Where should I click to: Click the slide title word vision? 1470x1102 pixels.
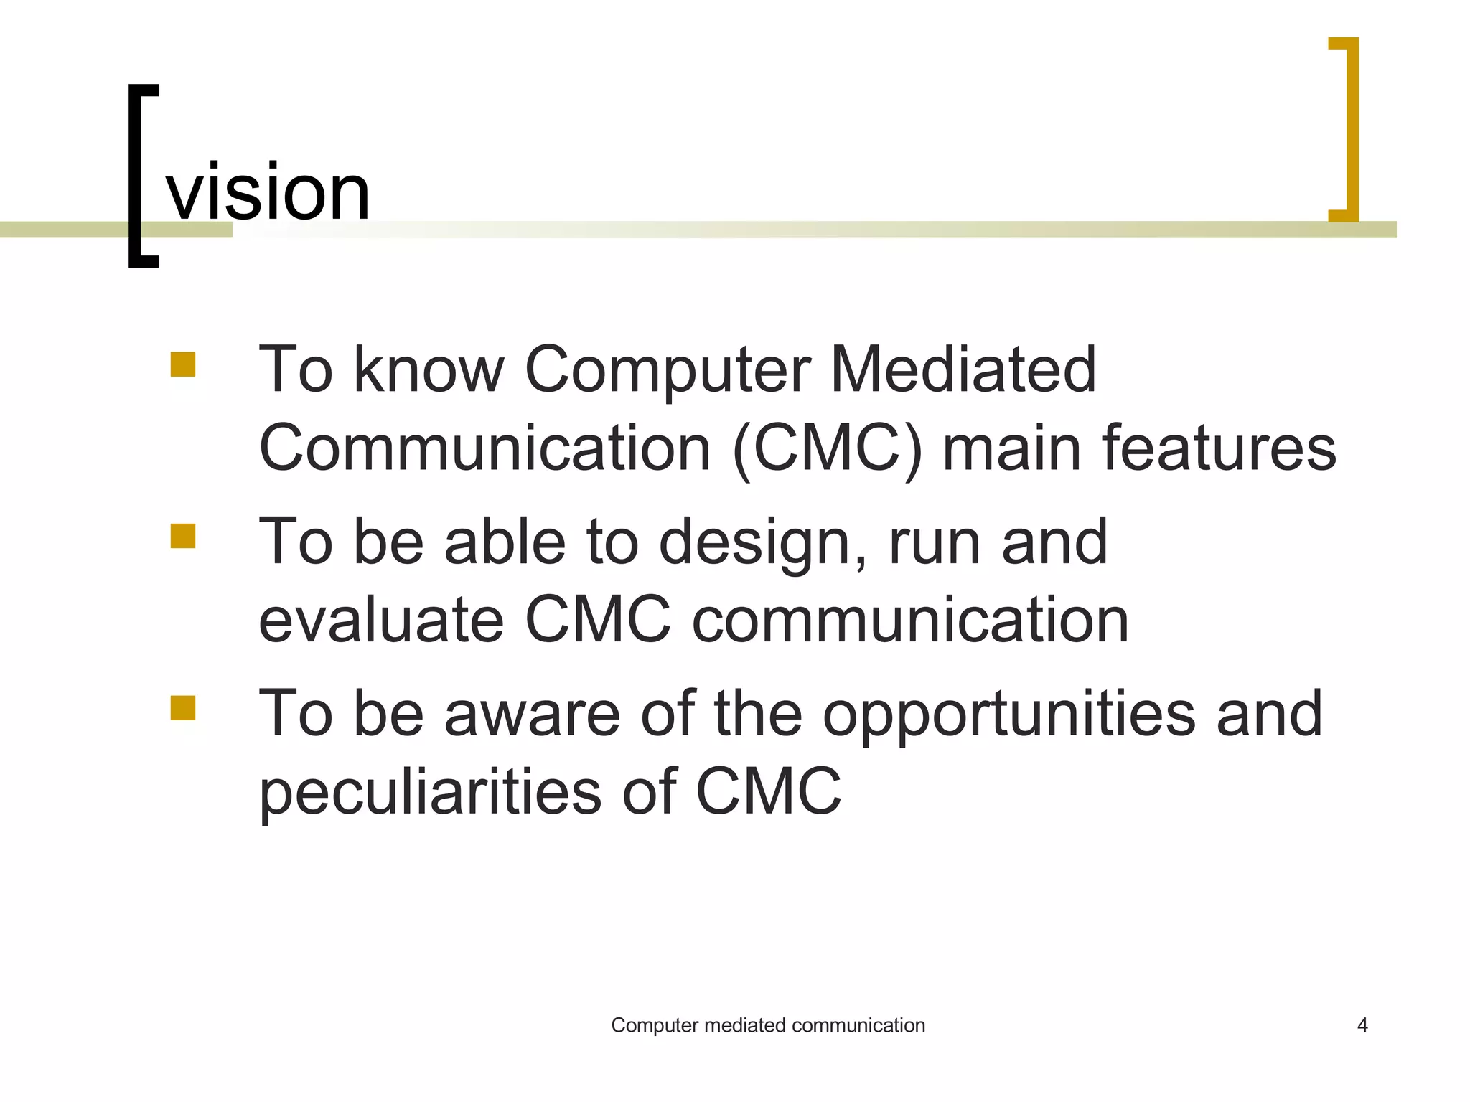[x=268, y=192]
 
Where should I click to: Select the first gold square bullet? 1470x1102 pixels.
[x=183, y=364]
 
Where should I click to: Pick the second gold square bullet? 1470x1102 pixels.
[x=183, y=536]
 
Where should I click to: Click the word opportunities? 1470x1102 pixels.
[x=1008, y=715]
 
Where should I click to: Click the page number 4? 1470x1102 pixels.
[x=1362, y=1025]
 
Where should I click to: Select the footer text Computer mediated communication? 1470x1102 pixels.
[x=767, y=1025]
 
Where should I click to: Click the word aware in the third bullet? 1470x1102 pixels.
[x=532, y=715]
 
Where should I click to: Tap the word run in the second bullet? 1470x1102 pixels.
[x=935, y=543]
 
